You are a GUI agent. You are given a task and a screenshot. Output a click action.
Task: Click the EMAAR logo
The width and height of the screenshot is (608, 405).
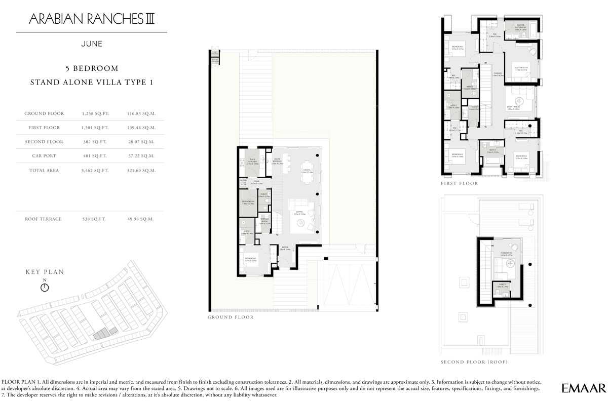(584, 388)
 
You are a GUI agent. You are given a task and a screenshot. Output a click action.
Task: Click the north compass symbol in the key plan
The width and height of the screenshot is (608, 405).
(45, 288)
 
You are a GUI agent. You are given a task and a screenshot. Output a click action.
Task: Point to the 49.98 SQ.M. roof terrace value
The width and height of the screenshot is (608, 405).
(140, 219)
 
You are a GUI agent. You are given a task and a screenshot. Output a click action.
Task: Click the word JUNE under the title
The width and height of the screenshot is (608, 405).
(92, 44)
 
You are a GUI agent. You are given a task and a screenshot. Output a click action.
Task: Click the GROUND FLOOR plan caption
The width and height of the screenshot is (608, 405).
(231, 317)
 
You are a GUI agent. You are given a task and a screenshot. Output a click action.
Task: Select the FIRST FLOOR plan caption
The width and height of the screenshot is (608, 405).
(459, 184)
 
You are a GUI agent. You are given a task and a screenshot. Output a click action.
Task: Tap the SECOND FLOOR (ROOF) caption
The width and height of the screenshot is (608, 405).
(474, 362)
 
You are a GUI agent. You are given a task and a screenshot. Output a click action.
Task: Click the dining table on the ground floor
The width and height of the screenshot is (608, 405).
(306, 168)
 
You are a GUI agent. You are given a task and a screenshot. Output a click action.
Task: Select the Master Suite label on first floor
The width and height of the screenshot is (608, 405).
(521, 69)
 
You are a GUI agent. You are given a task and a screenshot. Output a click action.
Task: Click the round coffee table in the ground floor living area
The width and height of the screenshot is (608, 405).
(300, 225)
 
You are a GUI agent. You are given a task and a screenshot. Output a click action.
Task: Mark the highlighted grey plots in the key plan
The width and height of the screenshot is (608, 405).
(103, 333)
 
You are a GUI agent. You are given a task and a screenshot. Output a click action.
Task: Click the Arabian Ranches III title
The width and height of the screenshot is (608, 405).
(92, 19)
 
